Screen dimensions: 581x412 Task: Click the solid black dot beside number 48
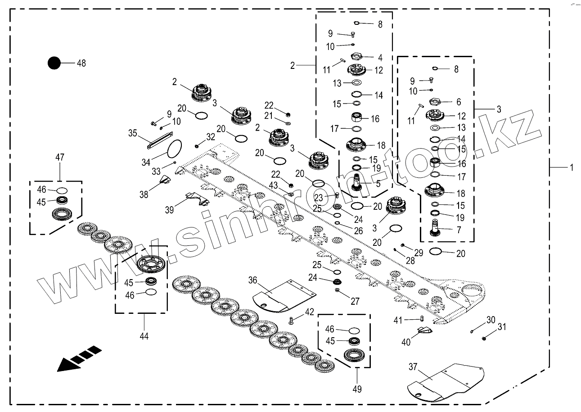(54, 63)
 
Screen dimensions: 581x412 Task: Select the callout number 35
(133, 133)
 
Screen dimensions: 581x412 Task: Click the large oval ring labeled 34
(175, 149)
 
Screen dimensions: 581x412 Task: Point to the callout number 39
(169, 210)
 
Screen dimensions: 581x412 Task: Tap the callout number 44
(144, 336)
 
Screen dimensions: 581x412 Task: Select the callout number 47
(60, 157)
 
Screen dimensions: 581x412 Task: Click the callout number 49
(357, 389)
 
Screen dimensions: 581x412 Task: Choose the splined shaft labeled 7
(436, 227)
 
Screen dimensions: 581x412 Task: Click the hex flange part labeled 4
(356, 56)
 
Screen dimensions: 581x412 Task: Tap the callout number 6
(459, 102)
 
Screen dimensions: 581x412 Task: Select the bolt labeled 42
(291, 321)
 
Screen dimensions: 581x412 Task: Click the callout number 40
(406, 342)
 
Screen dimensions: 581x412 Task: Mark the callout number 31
(502, 327)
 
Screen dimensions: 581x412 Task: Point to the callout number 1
(572, 168)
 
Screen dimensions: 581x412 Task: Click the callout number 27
(355, 301)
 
